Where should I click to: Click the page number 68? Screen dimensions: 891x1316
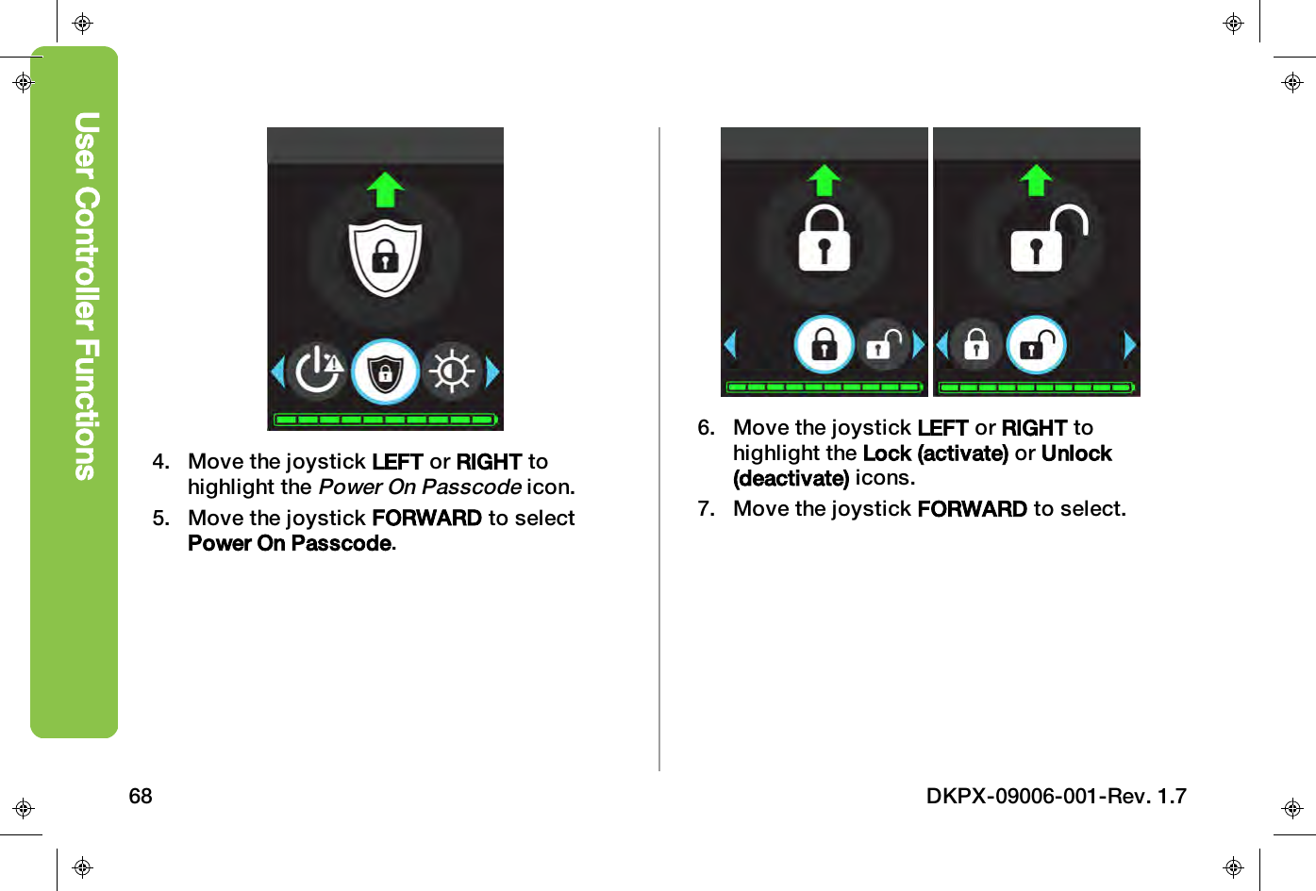pyautogui.click(x=141, y=797)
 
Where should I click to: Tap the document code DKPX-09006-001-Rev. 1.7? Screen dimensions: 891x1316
pyautogui.click(x=1056, y=797)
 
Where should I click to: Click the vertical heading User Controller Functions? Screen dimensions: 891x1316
pyautogui.click(x=86, y=296)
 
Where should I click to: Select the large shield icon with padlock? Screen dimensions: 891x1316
pyautogui.click(x=385, y=257)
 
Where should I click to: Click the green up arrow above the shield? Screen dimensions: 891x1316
pyautogui.click(x=385, y=190)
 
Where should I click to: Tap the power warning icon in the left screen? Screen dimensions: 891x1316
pyautogui.click(x=318, y=371)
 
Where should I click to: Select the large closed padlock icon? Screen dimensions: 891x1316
pyautogui.click(x=825, y=239)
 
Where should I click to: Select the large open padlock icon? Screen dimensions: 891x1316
pyautogui.click(x=1044, y=239)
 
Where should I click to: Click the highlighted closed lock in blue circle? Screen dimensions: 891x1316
pyautogui.click(x=825, y=344)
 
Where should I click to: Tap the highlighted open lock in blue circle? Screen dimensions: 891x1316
pyautogui.click(x=1036, y=345)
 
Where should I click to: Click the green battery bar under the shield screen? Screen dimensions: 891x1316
pyautogui.click(x=385, y=420)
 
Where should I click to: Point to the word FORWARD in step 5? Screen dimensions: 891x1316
pyautogui.click(x=426, y=519)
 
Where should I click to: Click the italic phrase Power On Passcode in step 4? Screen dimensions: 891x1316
pyautogui.click(x=420, y=487)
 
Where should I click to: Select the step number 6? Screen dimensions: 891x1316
pyautogui.click(x=706, y=428)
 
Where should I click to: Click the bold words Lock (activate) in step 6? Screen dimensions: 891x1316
pyautogui.click(x=935, y=454)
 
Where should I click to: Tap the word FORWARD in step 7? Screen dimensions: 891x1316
pyautogui.click(x=972, y=509)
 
